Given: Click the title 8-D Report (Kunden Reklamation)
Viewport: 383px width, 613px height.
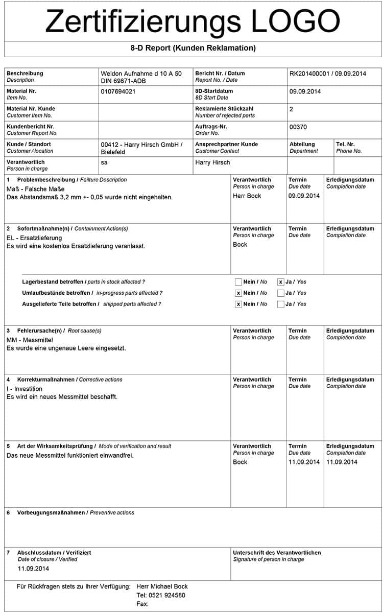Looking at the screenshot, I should (x=193, y=48).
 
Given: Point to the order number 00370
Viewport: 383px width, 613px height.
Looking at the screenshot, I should (x=298, y=127).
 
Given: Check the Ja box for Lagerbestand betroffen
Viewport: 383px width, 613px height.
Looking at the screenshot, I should (x=280, y=282).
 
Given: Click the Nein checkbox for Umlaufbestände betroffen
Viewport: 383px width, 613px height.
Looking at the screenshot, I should (x=238, y=293).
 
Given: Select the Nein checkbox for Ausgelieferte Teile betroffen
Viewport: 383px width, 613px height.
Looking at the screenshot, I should (x=238, y=304).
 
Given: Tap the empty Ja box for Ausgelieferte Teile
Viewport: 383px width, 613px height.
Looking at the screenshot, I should (x=280, y=304).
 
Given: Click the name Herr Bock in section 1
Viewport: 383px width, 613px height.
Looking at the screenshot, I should (x=247, y=196).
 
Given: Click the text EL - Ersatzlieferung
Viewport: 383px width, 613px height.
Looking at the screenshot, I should (x=34, y=238).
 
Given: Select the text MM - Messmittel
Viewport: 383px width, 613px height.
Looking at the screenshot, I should (x=30, y=340).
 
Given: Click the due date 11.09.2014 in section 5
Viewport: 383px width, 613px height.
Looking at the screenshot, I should (x=304, y=462).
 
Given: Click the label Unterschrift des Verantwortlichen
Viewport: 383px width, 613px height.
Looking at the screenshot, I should (x=277, y=553).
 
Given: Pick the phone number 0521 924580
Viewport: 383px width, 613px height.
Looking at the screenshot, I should (x=161, y=595).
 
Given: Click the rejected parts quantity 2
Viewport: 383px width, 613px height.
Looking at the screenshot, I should (x=291, y=109).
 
